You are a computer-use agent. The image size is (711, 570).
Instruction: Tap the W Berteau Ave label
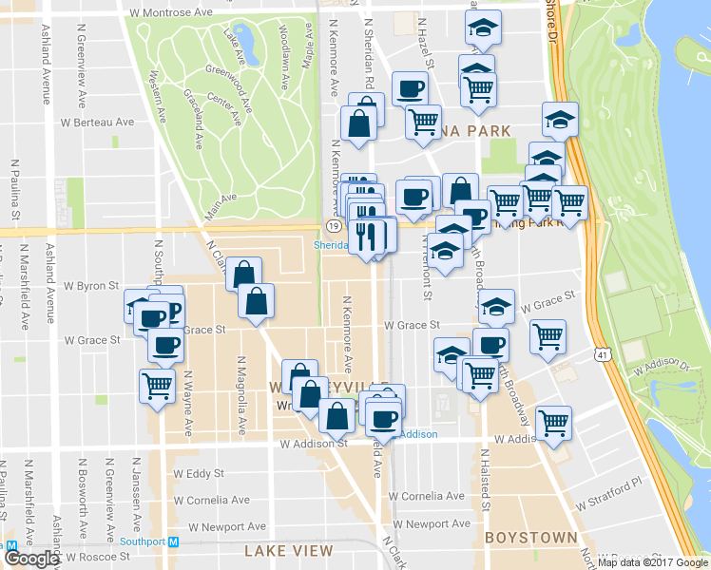[97, 123]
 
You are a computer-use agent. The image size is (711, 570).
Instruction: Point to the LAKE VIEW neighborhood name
[288, 551]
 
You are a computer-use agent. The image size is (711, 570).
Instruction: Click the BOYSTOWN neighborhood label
[530, 538]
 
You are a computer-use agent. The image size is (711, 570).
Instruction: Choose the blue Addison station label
[417, 434]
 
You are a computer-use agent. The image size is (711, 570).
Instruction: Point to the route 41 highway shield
[603, 354]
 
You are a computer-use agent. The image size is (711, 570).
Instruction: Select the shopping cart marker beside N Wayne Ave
[157, 386]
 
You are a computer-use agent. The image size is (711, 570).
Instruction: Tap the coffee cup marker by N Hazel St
[410, 89]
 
